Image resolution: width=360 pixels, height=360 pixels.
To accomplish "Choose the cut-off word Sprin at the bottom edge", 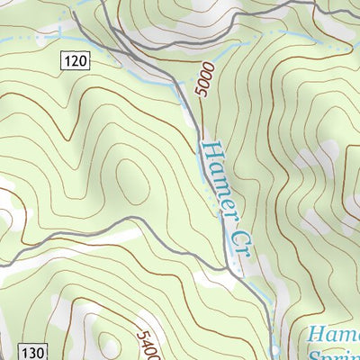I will click(333, 355).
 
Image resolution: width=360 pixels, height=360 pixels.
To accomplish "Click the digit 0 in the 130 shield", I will click(38, 351).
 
